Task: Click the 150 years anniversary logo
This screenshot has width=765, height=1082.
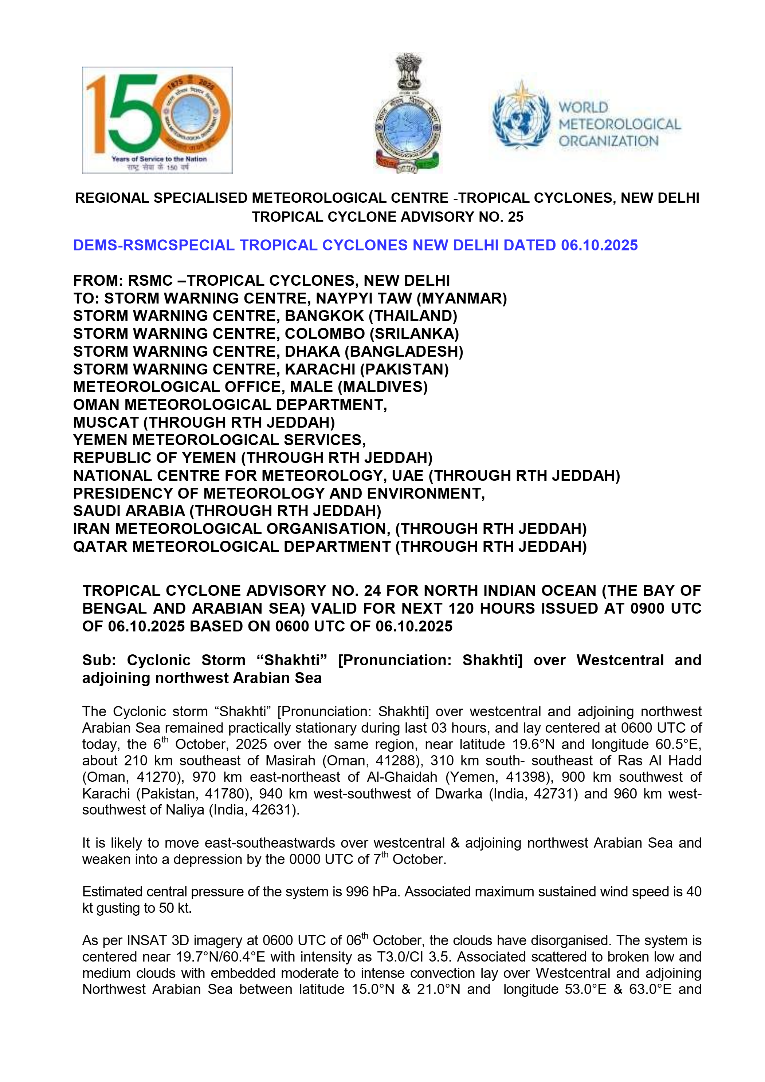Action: [x=157, y=120]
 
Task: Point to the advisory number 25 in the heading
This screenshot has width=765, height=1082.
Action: [x=515, y=217]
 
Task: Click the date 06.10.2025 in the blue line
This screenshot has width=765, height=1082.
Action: [x=599, y=246]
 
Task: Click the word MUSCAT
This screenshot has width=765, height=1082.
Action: [x=106, y=423]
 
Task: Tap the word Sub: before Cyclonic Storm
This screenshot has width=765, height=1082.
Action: [x=99, y=660]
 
